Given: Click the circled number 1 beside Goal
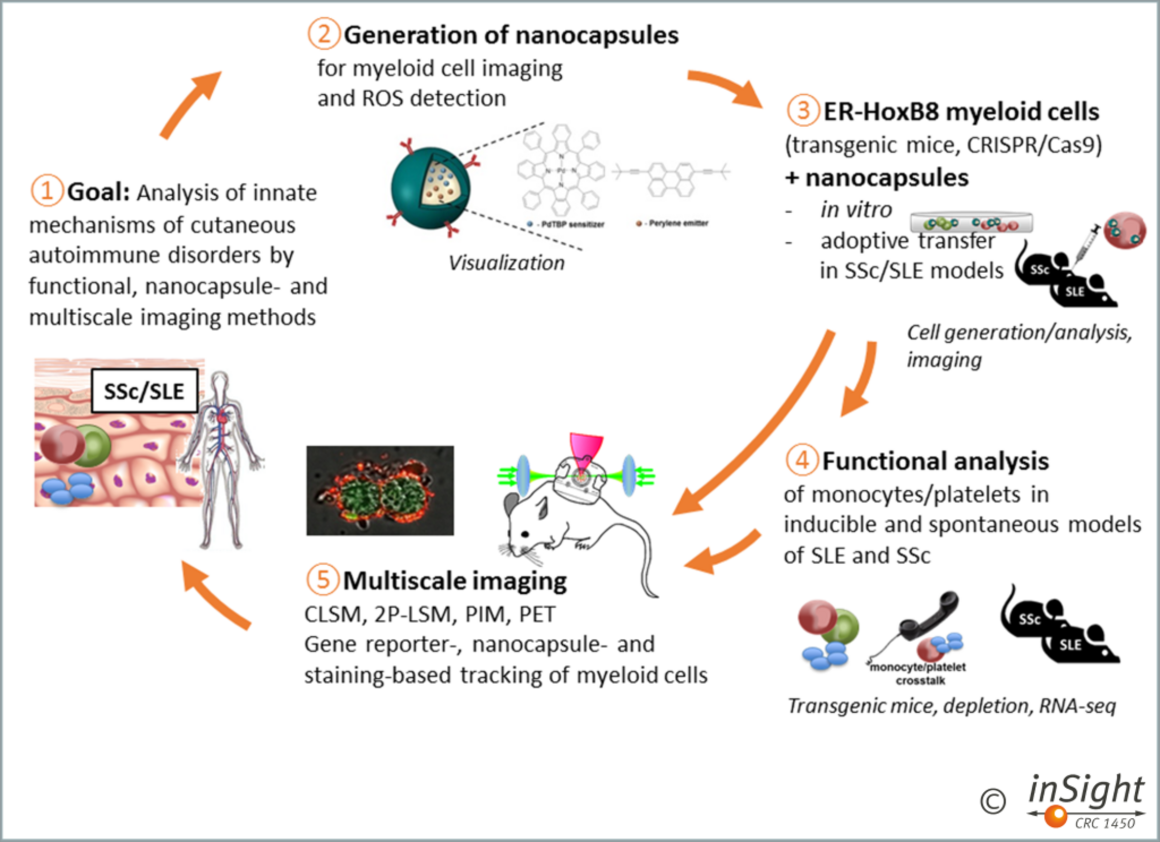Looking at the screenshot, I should point(46,191).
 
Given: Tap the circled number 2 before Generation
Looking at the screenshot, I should point(323,34).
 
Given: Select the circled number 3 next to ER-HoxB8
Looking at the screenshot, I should point(802,110).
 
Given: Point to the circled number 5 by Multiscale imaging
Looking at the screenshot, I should point(322,580).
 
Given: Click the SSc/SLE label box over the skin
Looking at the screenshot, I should point(144,391).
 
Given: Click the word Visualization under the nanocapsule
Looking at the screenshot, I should point(506,263).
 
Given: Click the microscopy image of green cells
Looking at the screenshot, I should point(380,491).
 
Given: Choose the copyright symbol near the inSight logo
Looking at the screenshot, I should point(993,801).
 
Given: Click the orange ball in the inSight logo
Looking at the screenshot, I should point(1055,815).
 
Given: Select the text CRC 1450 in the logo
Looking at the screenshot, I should point(1105,823).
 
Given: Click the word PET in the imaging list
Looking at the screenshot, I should point(537,615).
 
